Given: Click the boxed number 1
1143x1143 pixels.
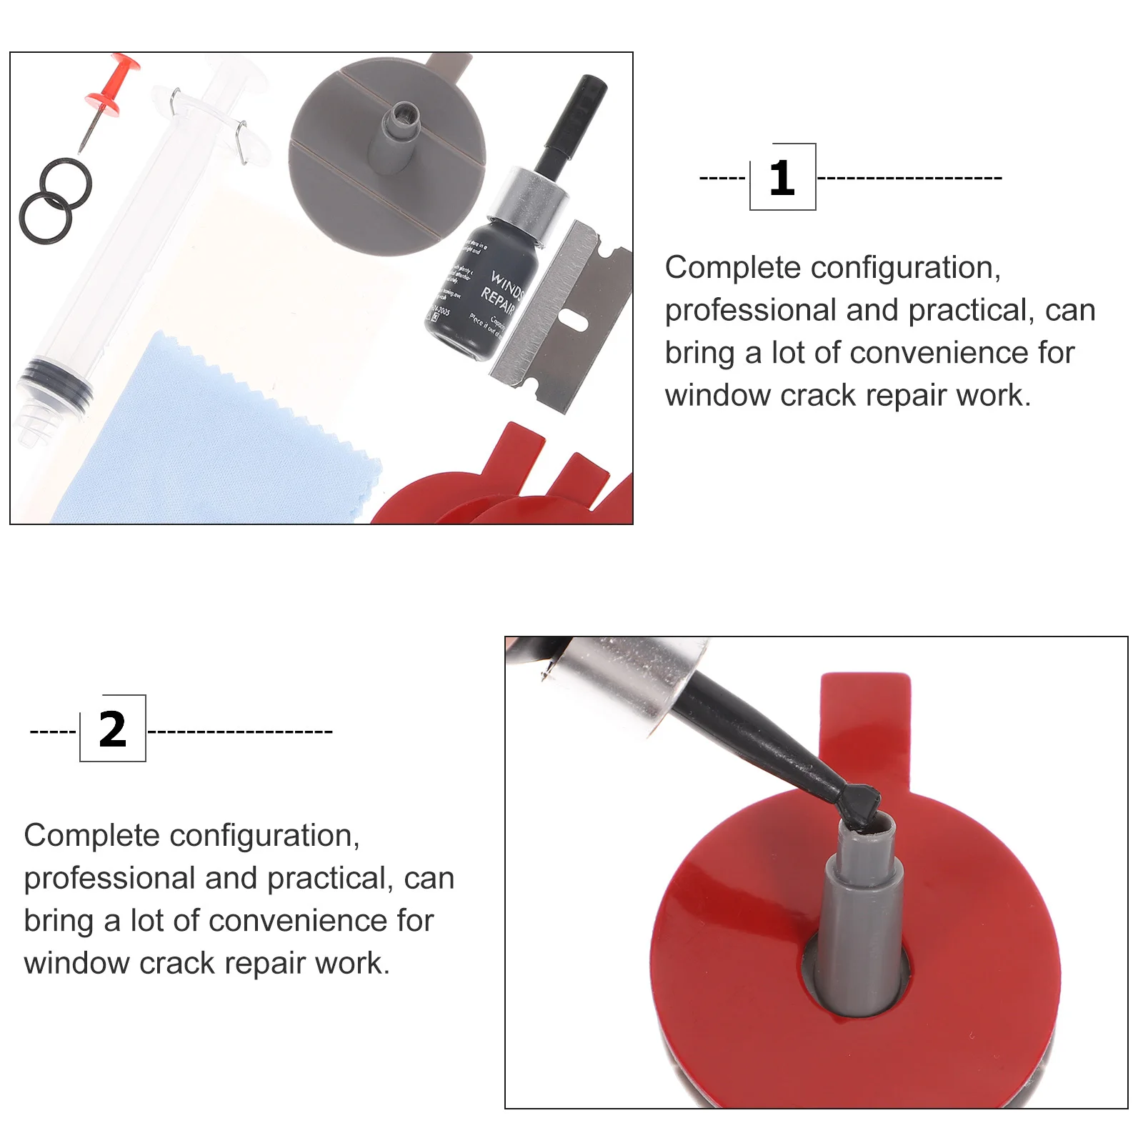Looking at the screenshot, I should pos(782,177).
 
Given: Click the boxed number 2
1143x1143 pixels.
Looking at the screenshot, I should pos(112,729).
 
